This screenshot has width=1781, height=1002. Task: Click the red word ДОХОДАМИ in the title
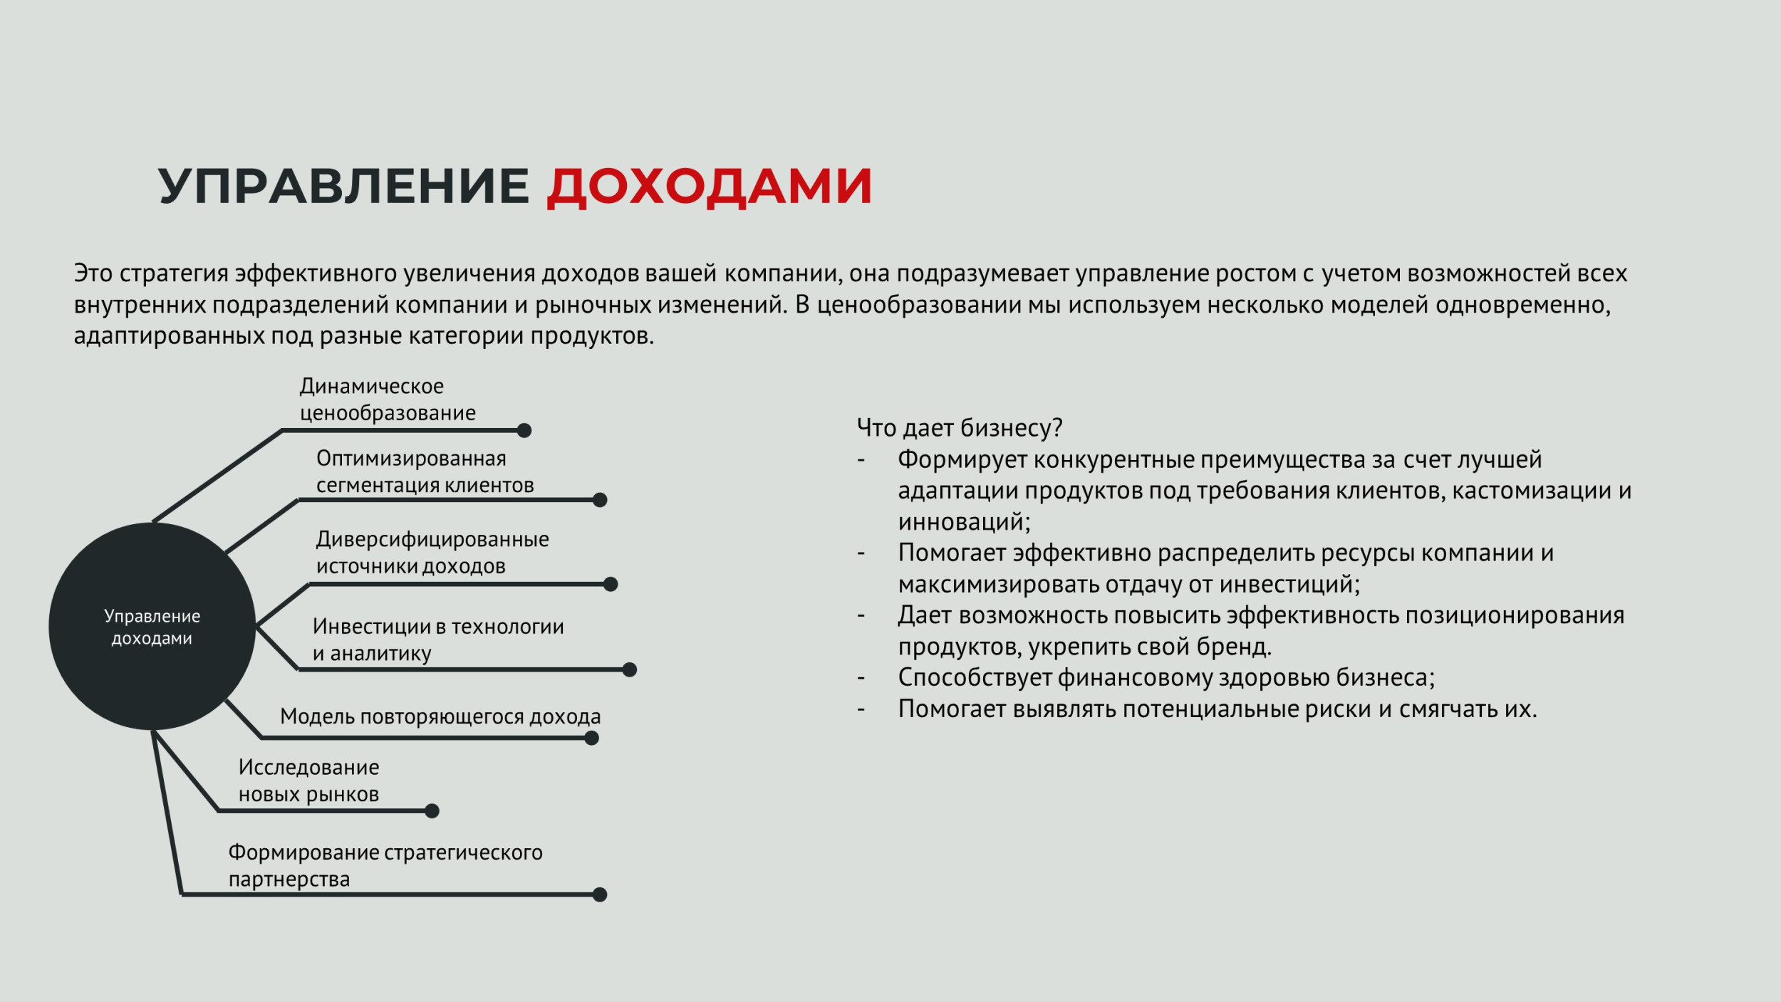pyautogui.click(x=710, y=187)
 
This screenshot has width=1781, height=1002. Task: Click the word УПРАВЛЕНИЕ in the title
pyautogui.click(x=344, y=186)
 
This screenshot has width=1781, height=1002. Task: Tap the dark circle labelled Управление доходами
pyautogui.click(x=152, y=627)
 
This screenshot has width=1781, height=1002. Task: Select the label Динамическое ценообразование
pyautogui.click(x=388, y=400)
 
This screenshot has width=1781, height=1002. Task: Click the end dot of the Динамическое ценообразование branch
pyautogui.click(x=524, y=430)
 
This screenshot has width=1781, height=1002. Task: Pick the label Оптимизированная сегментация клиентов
pyautogui.click(x=425, y=471)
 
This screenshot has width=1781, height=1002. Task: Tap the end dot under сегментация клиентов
pyautogui.click(x=600, y=500)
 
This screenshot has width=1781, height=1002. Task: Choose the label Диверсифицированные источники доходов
pyautogui.click(x=432, y=553)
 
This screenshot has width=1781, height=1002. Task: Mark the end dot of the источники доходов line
pyautogui.click(x=611, y=585)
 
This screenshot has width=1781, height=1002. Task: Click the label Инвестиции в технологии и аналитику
pyautogui.click(x=438, y=640)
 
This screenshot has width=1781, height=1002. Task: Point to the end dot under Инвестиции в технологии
pyautogui.click(x=630, y=669)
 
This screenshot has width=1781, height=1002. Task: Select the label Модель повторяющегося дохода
pyautogui.click(x=440, y=716)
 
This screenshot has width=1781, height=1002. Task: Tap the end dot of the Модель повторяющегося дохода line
pyautogui.click(x=591, y=739)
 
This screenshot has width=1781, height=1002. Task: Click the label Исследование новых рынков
pyautogui.click(x=308, y=781)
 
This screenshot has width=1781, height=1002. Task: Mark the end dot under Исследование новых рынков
pyautogui.click(x=432, y=811)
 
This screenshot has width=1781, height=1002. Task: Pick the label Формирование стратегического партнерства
pyautogui.click(x=385, y=866)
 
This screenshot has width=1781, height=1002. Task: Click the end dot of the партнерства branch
pyautogui.click(x=600, y=894)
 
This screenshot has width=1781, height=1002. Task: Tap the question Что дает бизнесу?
pyautogui.click(x=960, y=428)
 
